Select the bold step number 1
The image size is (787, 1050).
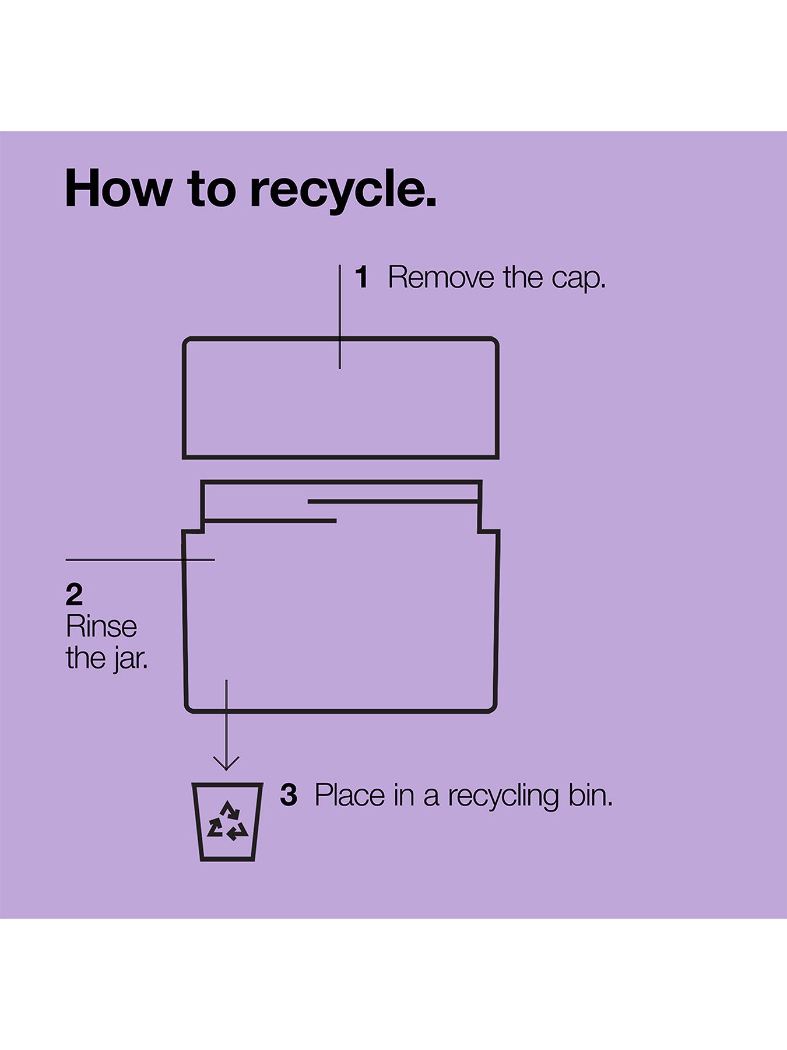pyautogui.click(x=362, y=277)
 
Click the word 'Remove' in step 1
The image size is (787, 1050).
pyautogui.click(x=441, y=277)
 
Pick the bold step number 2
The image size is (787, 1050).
pyautogui.click(x=74, y=595)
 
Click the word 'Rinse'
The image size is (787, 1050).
pyautogui.click(x=101, y=626)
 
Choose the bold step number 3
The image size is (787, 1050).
pyautogui.click(x=289, y=794)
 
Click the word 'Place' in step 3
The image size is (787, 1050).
pyautogui.click(x=350, y=795)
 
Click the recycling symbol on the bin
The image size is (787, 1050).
pyautogui.click(x=227, y=821)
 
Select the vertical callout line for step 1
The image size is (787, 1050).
pyautogui.click(x=340, y=317)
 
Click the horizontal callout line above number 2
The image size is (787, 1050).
pyautogui.click(x=140, y=560)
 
